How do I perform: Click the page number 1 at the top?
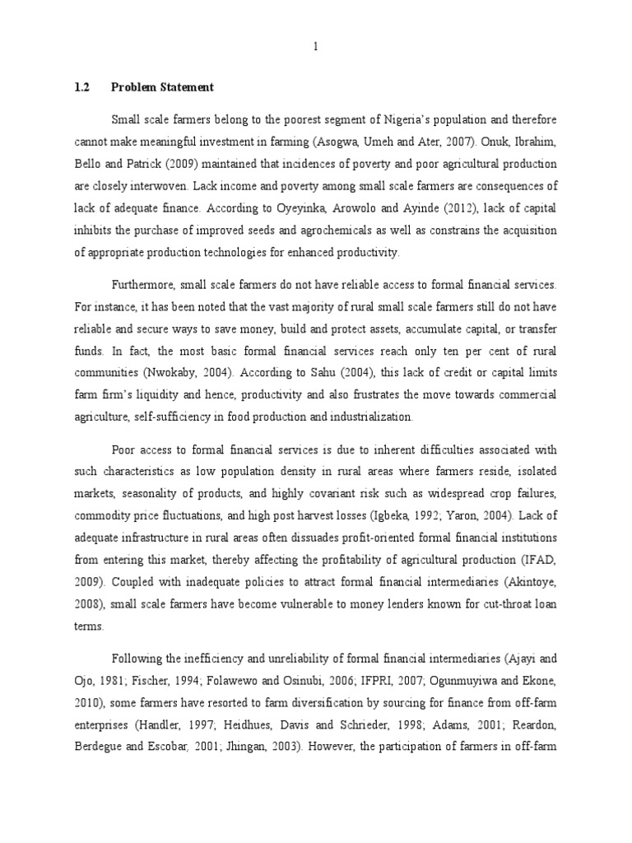pyautogui.click(x=315, y=47)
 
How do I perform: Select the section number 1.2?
pyautogui.click(x=82, y=87)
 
